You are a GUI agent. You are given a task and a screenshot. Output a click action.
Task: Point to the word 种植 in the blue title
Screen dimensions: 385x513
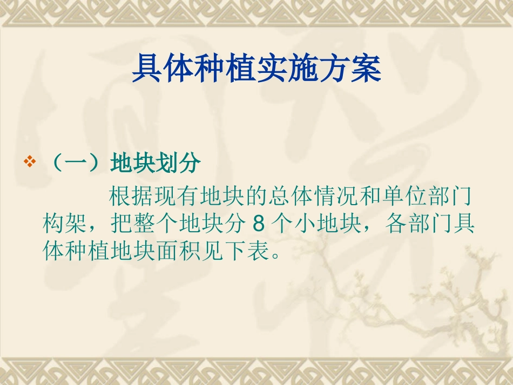[x=225, y=69]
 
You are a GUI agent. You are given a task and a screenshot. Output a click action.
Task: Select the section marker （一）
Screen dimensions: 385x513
[x=74, y=163]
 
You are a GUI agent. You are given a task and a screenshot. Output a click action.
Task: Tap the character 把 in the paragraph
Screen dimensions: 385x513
[x=120, y=224]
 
